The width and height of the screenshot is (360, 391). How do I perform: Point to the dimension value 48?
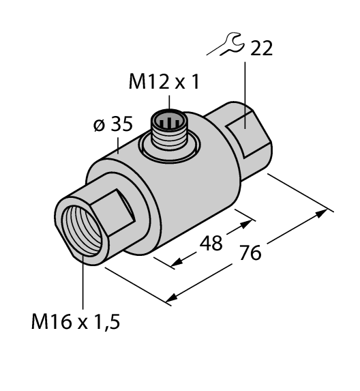[211, 242]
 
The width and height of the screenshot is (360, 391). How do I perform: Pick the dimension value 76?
[250, 254]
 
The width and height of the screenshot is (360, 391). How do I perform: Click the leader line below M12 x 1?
[169, 102]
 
